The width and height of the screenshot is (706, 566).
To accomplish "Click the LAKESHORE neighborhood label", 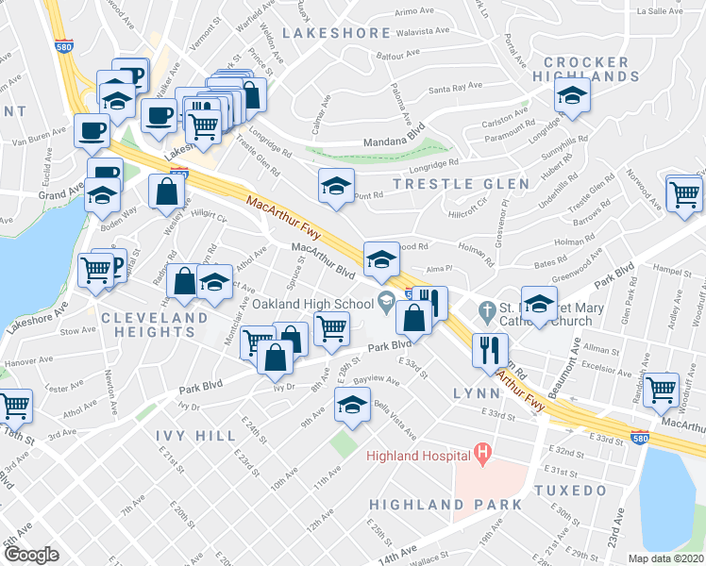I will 336,33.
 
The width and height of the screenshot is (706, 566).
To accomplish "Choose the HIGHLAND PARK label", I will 445,505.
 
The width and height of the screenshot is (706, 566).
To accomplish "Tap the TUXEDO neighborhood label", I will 569,491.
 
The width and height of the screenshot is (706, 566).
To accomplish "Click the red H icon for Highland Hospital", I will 482,456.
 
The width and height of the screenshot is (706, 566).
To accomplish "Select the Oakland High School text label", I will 311,304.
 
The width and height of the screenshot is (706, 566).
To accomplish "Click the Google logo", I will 31,554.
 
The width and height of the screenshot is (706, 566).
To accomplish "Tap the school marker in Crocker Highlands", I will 572,97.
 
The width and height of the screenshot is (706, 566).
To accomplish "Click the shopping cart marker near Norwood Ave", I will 684,193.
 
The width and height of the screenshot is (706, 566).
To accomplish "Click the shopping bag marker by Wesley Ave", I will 166,191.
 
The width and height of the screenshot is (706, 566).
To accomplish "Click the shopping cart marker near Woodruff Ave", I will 663,388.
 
